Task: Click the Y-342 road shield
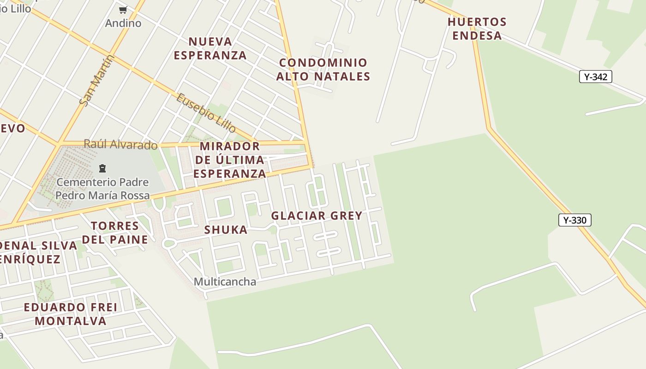coord(595,77)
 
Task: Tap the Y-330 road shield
coord(574,220)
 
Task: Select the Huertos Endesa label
coord(477,29)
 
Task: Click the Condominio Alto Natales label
coord(323,69)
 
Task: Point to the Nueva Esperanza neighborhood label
coord(210,48)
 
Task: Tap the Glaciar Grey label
coord(317,215)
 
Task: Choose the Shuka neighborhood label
coord(226,230)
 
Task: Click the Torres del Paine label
coord(115,232)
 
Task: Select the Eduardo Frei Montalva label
coord(71,314)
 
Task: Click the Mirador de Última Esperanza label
coord(229,160)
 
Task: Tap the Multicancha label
coord(225,281)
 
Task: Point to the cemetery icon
coord(102,168)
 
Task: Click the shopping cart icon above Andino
coord(123,10)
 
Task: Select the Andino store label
coord(123,23)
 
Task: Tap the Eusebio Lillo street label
coord(206,113)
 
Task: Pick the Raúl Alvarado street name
coord(120,144)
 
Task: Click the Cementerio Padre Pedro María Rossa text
coord(102,189)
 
